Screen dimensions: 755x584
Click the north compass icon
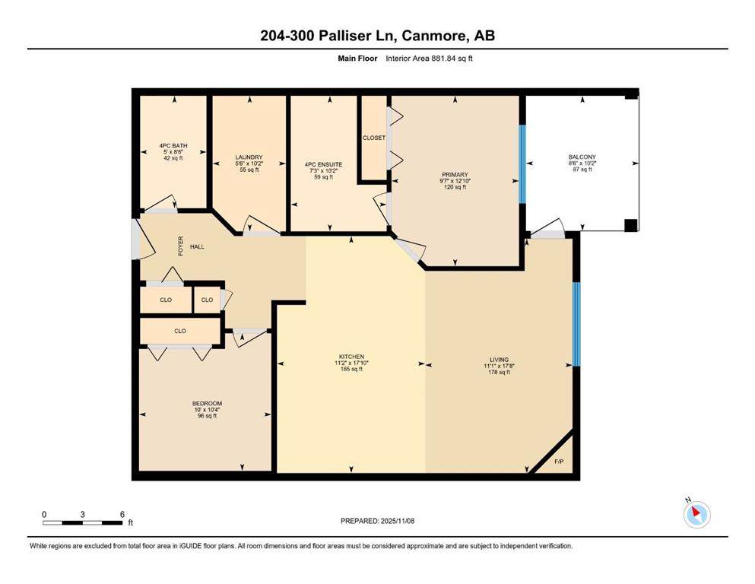(696, 514)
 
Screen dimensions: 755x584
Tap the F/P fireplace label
(559, 462)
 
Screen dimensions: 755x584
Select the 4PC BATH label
(173, 146)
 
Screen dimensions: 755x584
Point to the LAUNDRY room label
(249, 157)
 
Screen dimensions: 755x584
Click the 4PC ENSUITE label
(324, 165)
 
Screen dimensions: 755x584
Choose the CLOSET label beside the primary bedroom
(374, 138)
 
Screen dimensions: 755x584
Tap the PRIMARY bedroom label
(455, 175)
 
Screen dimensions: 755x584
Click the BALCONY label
(582, 157)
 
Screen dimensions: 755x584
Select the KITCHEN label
(351, 357)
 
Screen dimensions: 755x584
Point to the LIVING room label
(500, 360)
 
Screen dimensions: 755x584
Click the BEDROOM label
(207, 404)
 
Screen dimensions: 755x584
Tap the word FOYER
(181, 246)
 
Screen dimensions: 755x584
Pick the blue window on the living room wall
(576, 324)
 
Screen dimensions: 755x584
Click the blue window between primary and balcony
(522, 164)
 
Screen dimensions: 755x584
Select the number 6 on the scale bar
(122, 514)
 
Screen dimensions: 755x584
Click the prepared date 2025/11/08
(397, 521)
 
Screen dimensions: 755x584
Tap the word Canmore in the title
(434, 36)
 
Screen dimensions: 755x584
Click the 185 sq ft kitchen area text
(351, 370)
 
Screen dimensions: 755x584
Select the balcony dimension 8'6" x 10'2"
(582, 163)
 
